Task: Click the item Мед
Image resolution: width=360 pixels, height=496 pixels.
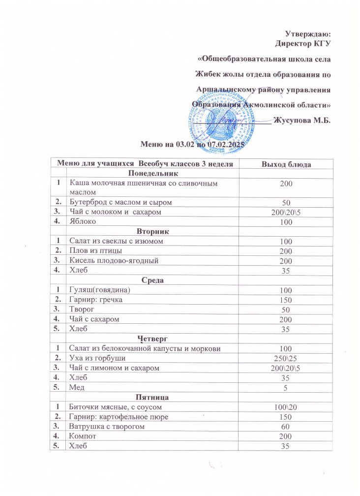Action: pyautogui.click(x=78, y=387)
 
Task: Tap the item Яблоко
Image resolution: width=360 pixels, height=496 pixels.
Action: pyautogui.click(x=83, y=221)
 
